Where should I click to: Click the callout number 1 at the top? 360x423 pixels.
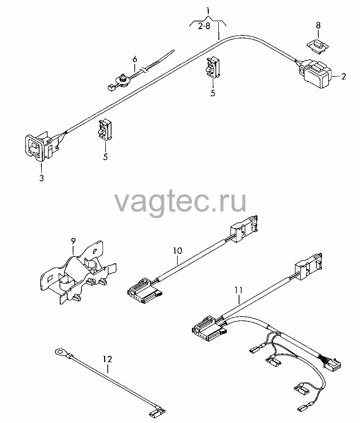pos(208,11)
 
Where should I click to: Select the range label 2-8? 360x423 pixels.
pos(204,26)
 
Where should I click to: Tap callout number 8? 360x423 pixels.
pos(318,25)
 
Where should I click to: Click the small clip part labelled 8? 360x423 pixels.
pos(318,45)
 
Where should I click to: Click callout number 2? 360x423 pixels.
pos(343,77)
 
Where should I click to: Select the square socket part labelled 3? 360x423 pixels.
pos(41,146)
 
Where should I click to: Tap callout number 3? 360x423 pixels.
pos(41,178)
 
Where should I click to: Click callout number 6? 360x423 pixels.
pos(135,59)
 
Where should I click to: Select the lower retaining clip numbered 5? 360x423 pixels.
pos(105,130)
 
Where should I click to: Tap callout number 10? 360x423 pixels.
pos(178,251)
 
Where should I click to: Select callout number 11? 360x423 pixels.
pos(238,290)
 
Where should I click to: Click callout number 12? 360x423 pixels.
pos(107,359)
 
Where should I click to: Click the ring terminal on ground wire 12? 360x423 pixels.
pos(60,352)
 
